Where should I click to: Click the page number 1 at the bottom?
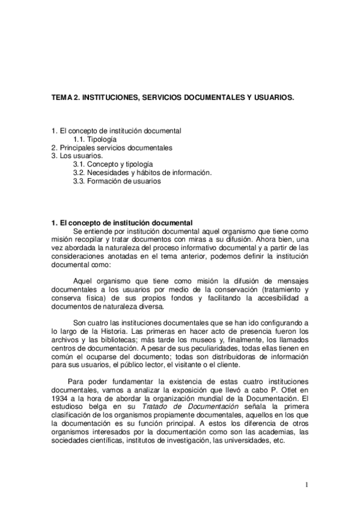306,485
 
